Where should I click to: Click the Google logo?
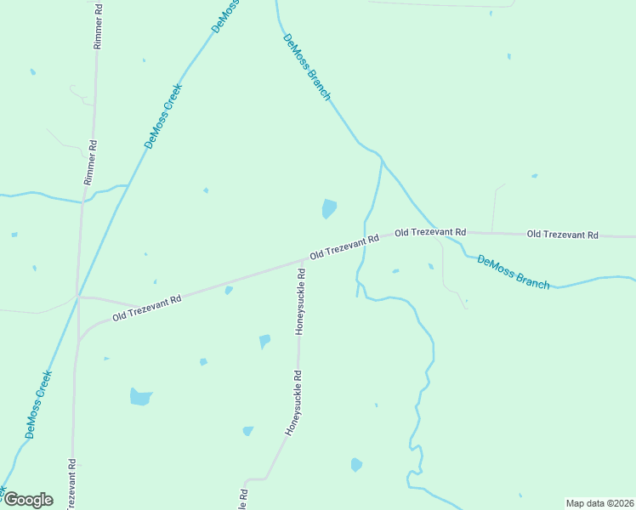[27, 500]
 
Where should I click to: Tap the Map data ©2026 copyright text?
[599, 503]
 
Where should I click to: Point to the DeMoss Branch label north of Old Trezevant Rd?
[306, 68]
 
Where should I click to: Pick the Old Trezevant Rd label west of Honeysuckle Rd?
[147, 308]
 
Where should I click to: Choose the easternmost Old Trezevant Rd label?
[562, 234]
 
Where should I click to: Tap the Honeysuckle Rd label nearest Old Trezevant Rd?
[299, 302]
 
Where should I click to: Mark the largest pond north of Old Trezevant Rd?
[328, 208]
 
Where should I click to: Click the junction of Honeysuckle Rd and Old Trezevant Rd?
[304, 258]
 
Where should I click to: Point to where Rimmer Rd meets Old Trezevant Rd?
[78, 297]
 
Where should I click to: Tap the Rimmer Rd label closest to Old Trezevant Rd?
[88, 163]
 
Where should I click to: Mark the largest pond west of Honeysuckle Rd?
[140, 396]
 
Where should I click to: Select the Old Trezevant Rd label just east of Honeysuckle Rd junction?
[344, 247]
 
